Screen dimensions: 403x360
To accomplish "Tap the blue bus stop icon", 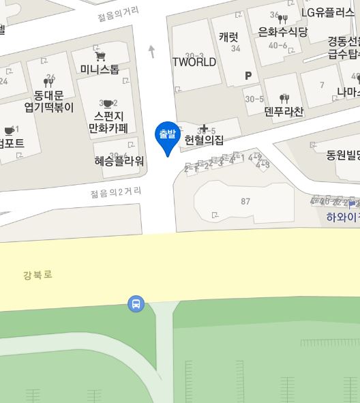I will [136, 303].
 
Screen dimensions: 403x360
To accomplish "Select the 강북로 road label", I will [37, 275].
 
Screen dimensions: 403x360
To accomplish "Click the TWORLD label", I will [194, 62].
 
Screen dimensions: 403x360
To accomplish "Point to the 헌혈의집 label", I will [204, 140].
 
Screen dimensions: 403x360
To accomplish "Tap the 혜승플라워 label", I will [119, 161].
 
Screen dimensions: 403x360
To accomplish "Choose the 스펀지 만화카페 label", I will [108, 121].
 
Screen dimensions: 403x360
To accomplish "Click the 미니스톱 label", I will [100, 69].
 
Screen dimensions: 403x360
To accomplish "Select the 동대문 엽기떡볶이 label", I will [48, 100].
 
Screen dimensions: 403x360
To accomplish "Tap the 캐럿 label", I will [229, 37].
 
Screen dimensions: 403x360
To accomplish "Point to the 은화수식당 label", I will [283, 31].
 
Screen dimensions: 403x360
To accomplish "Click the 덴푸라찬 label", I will [284, 111].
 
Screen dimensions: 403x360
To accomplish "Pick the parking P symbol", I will [248, 76].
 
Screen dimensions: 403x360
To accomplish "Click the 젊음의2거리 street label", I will [116, 192].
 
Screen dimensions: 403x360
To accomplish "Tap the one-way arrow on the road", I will [151, 50].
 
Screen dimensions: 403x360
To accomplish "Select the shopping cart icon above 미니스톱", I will [100, 55].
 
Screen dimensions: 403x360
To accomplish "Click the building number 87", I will [245, 201].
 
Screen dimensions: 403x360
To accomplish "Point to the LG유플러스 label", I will [329, 12].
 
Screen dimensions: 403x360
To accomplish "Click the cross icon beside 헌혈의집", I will [203, 128].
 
